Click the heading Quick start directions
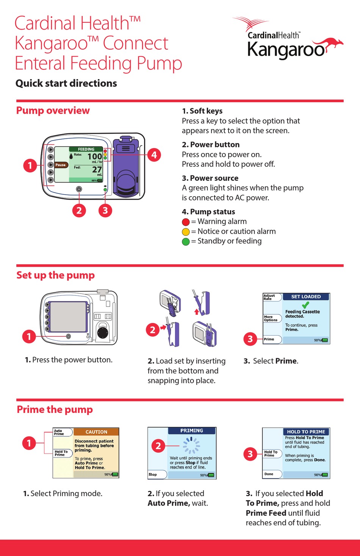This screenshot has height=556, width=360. pyautogui.click(x=66, y=83)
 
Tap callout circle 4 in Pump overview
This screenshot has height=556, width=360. pyautogui.click(x=154, y=155)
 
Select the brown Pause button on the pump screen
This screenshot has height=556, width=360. pyautogui.click(x=61, y=165)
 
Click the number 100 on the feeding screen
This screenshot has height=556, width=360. pyautogui.click(x=94, y=156)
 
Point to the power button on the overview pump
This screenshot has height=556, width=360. pyautogui.click(x=79, y=189)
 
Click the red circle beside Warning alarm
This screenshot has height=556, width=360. pyautogui.click(x=186, y=222)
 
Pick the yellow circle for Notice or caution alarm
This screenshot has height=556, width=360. pyautogui.click(x=186, y=232)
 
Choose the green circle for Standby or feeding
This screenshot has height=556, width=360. pyautogui.click(x=186, y=242)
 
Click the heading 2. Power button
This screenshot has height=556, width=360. pyautogui.click(x=211, y=145)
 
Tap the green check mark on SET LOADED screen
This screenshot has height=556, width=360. pyautogui.click(x=305, y=305)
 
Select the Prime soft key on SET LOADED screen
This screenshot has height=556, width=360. pyautogui.click(x=272, y=339)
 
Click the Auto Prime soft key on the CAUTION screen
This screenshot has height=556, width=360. pyautogui.click(x=62, y=432)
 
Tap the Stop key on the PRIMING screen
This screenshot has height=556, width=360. pyautogui.click(x=157, y=474)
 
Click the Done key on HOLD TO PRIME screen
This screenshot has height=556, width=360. pyautogui.click(x=272, y=474)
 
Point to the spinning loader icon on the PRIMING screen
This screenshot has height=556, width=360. pyautogui.click(x=191, y=445)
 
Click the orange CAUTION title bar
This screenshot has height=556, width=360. pyautogui.click(x=96, y=432)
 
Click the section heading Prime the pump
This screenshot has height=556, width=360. pyautogui.click(x=55, y=409)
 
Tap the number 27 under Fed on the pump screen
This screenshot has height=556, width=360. pyautogui.click(x=97, y=169)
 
